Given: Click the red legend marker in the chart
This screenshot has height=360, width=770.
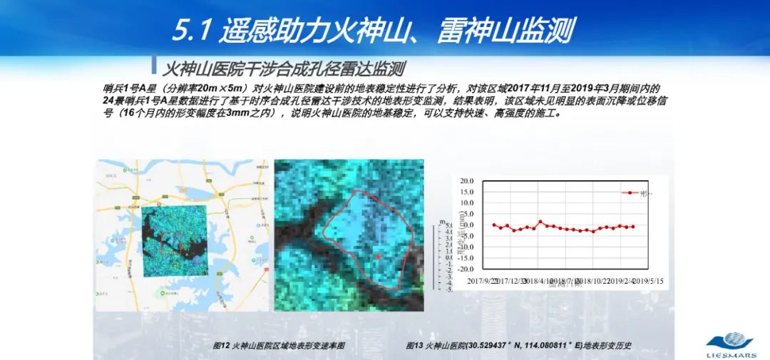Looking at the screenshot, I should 630,192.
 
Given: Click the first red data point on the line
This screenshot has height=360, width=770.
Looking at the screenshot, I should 494,225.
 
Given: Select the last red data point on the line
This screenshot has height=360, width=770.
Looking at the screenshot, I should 633,227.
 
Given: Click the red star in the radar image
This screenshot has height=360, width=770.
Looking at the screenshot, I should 378,256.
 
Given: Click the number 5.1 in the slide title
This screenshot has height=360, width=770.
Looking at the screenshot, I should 191,31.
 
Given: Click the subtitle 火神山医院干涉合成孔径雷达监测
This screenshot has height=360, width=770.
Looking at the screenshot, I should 284,69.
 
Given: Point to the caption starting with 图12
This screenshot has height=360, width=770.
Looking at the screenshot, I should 279,346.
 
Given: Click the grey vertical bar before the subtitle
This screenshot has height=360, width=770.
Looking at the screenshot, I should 153,63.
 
